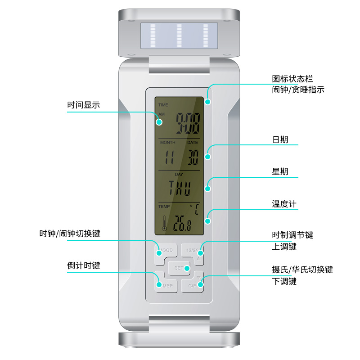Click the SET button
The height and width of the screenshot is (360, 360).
179,268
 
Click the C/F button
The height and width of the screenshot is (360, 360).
193,285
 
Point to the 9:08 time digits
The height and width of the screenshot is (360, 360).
187,123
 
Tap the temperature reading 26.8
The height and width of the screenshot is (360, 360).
182,224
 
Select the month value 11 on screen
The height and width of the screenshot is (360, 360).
169,157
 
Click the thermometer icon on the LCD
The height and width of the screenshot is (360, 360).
164,223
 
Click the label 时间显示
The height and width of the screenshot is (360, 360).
84,105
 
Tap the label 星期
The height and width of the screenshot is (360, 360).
280,171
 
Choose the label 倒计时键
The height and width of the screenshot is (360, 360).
84,265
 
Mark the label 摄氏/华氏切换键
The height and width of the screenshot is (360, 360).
302,270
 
